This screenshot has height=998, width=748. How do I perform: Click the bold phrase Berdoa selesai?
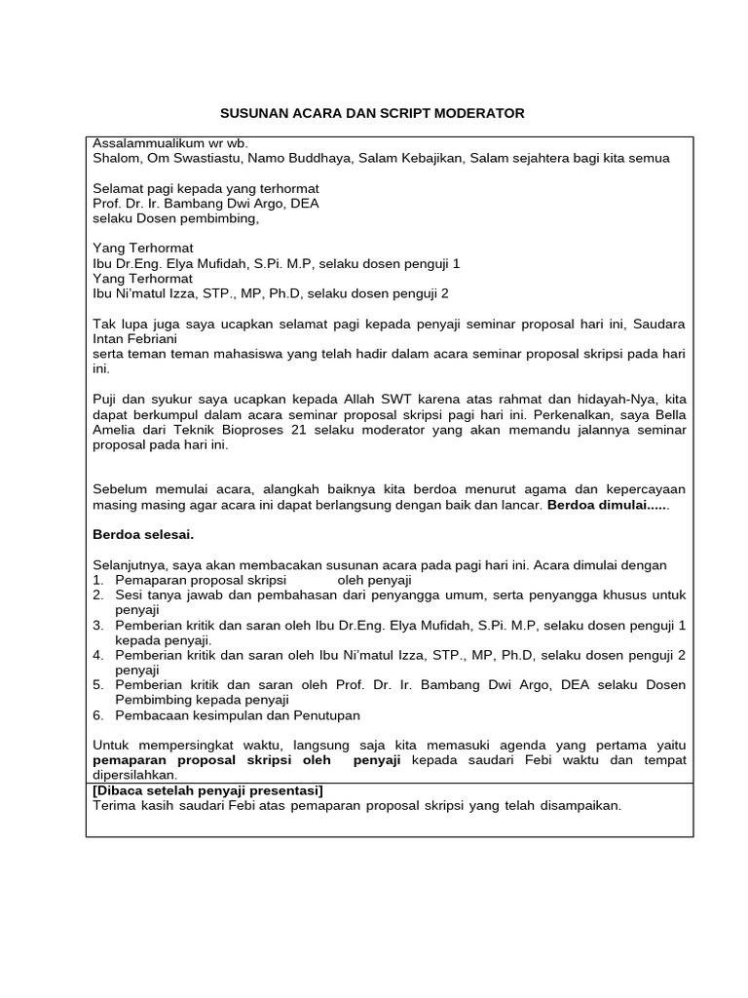(143, 534)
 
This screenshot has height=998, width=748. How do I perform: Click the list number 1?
(98, 580)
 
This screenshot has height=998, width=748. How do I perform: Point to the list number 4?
(98, 655)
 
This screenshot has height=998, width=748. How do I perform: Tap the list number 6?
(98, 715)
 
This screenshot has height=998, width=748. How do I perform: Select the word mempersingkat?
(180, 745)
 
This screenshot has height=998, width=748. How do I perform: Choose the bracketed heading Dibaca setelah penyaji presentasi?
(207, 790)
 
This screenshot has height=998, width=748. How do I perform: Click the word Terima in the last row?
(114, 806)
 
